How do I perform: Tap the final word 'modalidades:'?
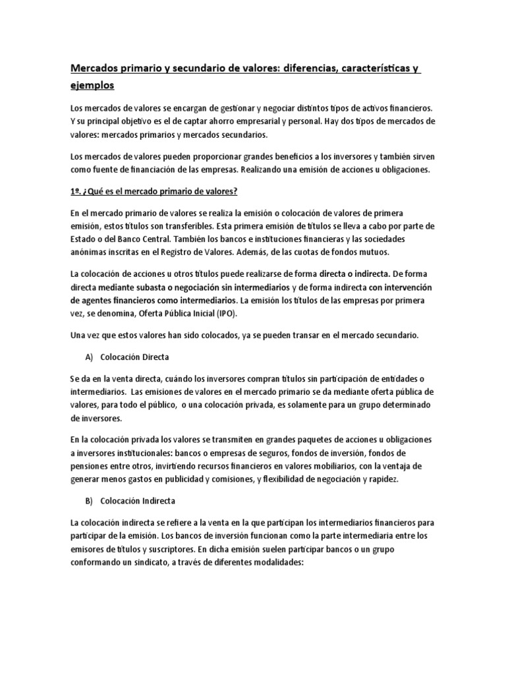coord(269,564)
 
